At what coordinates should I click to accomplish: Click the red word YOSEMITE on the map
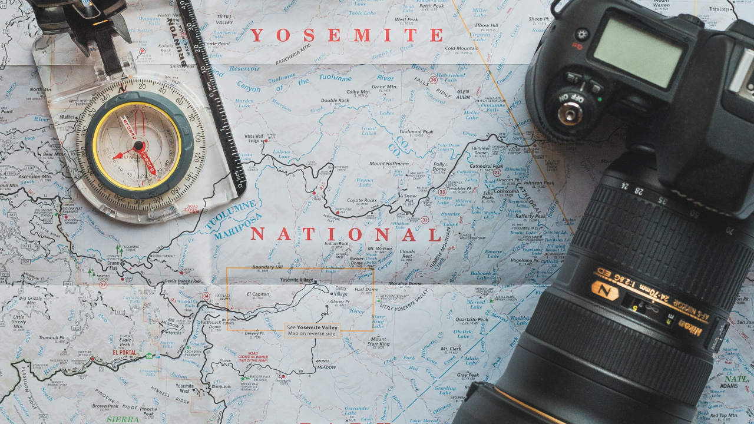point(346,35)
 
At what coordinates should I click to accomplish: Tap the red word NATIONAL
point(346,235)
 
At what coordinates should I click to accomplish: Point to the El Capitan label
point(257,293)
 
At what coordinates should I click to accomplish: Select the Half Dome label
point(366,290)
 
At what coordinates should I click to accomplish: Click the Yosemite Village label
point(297,280)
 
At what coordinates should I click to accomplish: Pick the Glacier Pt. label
point(340,302)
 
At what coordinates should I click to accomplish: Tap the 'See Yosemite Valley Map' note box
point(312,330)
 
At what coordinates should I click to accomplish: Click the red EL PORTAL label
point(120,353)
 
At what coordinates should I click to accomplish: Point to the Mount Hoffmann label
point(389,164)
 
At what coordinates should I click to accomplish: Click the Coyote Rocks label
point(362,200)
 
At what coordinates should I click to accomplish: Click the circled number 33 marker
point(442,191)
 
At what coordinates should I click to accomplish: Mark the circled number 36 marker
point(434,79)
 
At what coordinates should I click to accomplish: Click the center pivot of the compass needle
point(138,145)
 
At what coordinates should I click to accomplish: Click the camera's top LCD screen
point(638,51)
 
